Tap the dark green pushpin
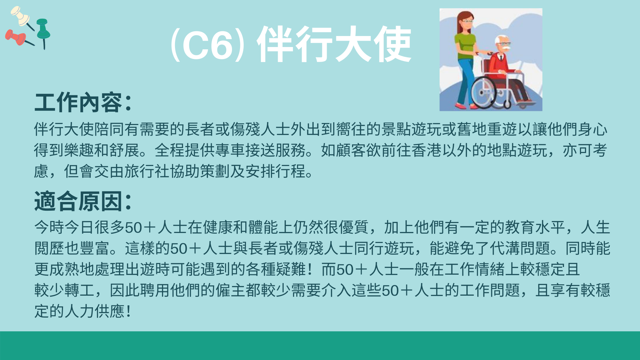(x=43, y=32)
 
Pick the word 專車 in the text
(x=230, y=150)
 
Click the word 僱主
(x=231, y=290)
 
